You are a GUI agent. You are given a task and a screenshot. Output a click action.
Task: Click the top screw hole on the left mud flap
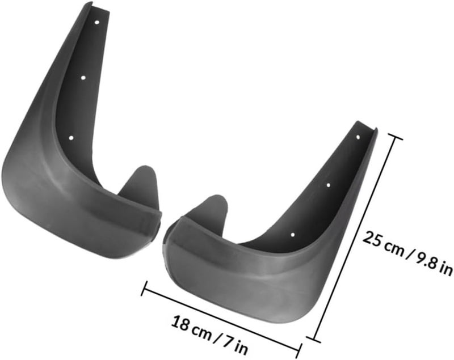pyautogui.click(x=96, y=22)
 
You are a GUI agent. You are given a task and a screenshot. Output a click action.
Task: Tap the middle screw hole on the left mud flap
pyautogui.click(x=83, y=78)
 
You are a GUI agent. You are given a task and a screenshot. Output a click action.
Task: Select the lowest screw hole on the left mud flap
pyautogui.click(x=72, y=138)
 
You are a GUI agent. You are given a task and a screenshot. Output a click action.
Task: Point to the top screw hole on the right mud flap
pyautogui.click(x=358, y=137)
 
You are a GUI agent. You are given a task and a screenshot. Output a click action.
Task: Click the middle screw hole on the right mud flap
pyautogui.click(x=329, y=185)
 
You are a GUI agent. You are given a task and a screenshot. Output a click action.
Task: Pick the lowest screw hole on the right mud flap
pyautogui.click(x=293, y=235)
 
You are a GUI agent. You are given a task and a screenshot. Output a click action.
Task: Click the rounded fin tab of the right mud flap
pyautogui.click(x=209, y=207)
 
